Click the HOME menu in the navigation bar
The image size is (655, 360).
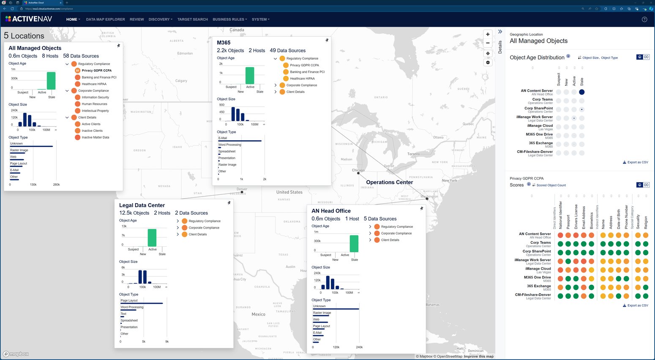click(73, 19)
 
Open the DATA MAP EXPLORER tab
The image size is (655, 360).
click(105, 19)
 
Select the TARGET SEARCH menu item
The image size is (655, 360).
click(192, 19)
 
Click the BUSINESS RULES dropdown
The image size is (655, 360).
click(229, 19)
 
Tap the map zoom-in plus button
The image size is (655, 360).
click(488, 35)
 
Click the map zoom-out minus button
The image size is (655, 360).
click(488, 43)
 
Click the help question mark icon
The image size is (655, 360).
click(644, 19)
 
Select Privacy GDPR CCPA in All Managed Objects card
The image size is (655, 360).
click(96, 71)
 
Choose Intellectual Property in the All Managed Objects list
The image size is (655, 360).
click(95, 111)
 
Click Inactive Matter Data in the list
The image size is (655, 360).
click(95, 137)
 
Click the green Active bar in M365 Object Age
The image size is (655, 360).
click(250, 76)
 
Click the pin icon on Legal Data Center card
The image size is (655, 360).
click(229, 203)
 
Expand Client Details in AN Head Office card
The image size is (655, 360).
click(370, 240)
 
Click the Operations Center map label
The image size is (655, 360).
click(389, 183)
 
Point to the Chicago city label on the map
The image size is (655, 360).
click(358, 170)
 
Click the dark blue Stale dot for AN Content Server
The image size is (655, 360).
click(582, 92)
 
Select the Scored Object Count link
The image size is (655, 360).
click(551, 185)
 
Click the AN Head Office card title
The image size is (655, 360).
click(331, 211)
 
